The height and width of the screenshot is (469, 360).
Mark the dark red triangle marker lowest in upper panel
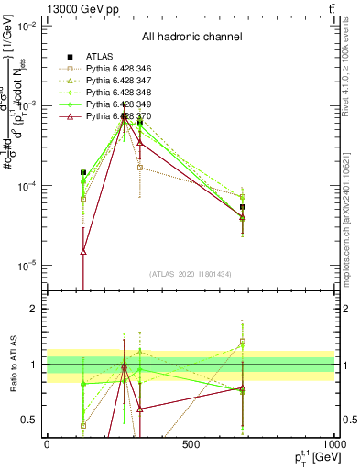tap(83, 251)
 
